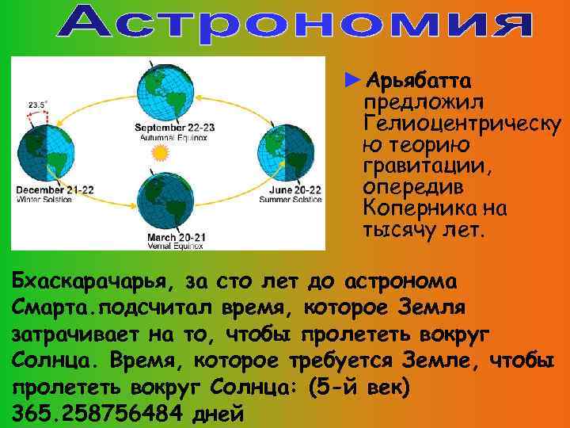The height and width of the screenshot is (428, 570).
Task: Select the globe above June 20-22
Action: [x=283, y=151]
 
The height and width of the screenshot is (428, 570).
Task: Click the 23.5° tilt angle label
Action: [x=37, y=104]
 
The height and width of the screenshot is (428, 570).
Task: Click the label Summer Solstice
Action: [x=291, y=200]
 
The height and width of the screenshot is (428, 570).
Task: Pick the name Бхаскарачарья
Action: [x=92, y=282]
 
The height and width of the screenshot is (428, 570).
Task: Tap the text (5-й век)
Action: [x=361, y=388]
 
